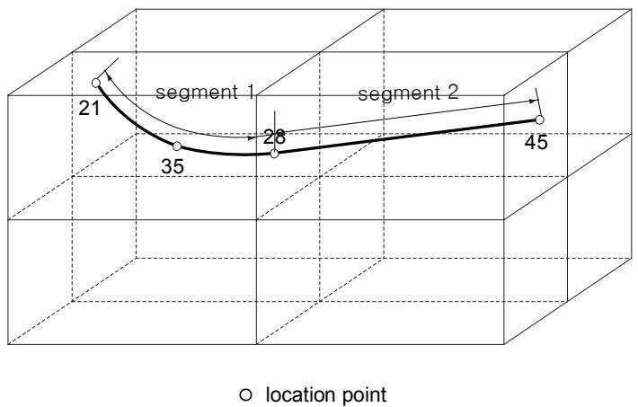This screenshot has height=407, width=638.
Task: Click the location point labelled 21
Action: (96, 83)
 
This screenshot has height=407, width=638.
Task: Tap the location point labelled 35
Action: (177, 146)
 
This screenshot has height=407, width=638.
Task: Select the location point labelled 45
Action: (539, 119)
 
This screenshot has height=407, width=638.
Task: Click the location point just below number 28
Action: (275, 154)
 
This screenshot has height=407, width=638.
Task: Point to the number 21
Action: (89, 108)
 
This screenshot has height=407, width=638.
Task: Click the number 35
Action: (173, 166)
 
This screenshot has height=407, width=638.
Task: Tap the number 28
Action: (275, 137)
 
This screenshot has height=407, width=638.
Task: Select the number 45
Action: (536, 143)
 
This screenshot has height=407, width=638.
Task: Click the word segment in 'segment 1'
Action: (197, 93)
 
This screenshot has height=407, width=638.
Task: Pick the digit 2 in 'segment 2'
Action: (453, 93)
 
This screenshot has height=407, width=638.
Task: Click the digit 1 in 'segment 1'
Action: (249, 92)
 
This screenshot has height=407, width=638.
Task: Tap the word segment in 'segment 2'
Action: (399, 94)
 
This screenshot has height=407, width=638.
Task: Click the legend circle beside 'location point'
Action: (245, 394)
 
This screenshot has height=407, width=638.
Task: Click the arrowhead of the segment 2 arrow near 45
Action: (532, 101)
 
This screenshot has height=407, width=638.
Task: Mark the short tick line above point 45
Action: (539, 102)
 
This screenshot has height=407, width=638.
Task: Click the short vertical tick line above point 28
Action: (275, 130)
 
